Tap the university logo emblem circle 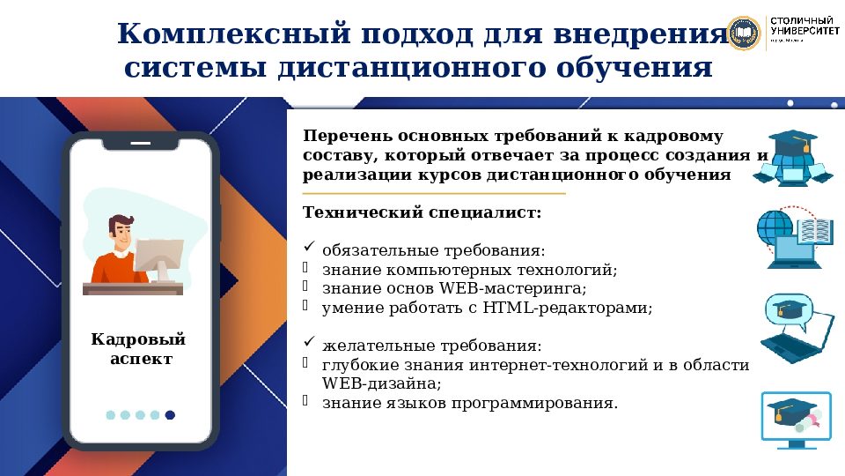743,33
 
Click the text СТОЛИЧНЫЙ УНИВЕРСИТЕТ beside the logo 804,26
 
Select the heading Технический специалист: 422,212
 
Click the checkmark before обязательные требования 308,248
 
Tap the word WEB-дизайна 381,383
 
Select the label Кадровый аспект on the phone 140,349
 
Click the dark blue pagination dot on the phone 170,414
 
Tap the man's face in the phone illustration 122,234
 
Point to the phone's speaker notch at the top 140,143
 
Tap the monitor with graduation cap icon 795,419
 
